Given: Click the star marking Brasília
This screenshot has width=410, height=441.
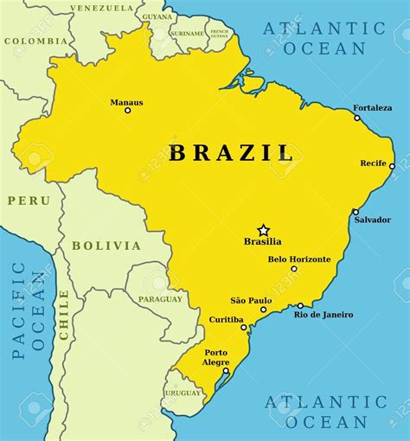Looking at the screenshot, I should (264, 230).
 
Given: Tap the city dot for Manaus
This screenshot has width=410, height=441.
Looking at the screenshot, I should (127, 110).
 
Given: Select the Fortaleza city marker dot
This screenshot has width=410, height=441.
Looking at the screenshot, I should (357, 118).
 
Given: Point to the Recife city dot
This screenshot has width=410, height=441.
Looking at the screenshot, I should (392, 166).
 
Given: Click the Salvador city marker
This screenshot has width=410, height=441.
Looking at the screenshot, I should (356, 211).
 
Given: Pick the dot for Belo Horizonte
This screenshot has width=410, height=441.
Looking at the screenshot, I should (294, 268).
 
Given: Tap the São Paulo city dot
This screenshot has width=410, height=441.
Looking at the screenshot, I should (265, 310).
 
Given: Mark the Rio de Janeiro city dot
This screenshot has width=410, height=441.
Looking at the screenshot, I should (300, 305).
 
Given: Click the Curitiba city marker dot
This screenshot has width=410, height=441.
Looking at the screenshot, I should (244, 327).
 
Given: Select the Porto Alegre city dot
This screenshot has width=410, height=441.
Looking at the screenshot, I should (226, 371).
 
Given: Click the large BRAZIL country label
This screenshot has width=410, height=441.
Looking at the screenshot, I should (232, 154).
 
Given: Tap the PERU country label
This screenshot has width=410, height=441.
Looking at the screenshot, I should (29, 201).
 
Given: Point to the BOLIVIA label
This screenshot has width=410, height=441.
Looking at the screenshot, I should (106, 246).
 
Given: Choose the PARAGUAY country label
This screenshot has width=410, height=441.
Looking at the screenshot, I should (161, 299).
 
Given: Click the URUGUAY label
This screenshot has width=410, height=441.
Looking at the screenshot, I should (183, 393).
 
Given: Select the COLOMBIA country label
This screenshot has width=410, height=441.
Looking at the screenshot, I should (35, 41).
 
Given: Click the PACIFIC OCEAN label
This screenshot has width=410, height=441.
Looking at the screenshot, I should (28, 310).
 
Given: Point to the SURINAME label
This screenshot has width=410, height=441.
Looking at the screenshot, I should (188, 34).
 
